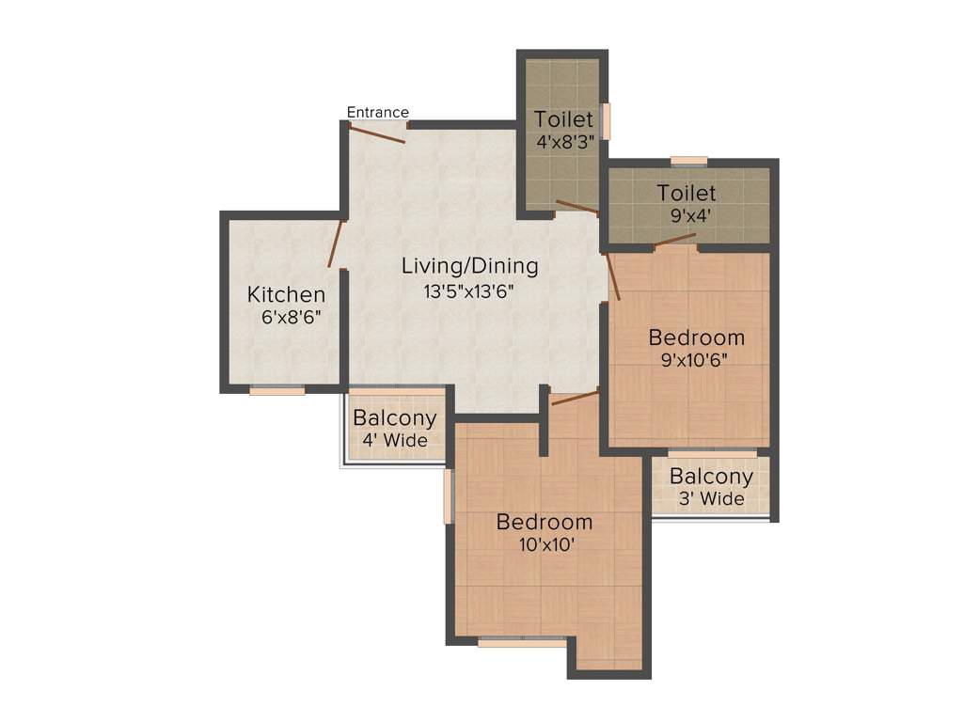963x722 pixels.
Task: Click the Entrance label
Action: click(377, 113)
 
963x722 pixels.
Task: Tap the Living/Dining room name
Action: click(469, 266)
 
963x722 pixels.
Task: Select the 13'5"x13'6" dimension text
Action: click(469, 291)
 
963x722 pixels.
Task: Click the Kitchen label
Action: click(286, 294)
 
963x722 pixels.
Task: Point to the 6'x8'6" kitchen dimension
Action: click(292, 317)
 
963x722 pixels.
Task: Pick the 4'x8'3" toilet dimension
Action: click(564, 143)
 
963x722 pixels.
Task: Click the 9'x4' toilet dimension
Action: click(687, 215)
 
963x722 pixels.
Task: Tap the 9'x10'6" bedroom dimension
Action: click(696, 359)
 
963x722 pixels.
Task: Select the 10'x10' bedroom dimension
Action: click(545, 544)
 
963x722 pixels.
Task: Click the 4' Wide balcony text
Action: click(394, 440)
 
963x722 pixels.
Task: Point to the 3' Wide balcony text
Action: click(711, 498)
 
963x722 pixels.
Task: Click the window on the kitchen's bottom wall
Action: click(276, 390)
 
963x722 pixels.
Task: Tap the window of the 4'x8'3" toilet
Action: click(607, 121)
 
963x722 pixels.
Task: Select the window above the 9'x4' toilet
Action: click(688, 161)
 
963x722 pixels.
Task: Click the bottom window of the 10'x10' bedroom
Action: click(521, 643)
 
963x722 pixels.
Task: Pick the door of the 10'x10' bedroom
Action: click(575, 399)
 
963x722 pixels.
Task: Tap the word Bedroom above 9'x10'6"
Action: click(696, 337)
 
